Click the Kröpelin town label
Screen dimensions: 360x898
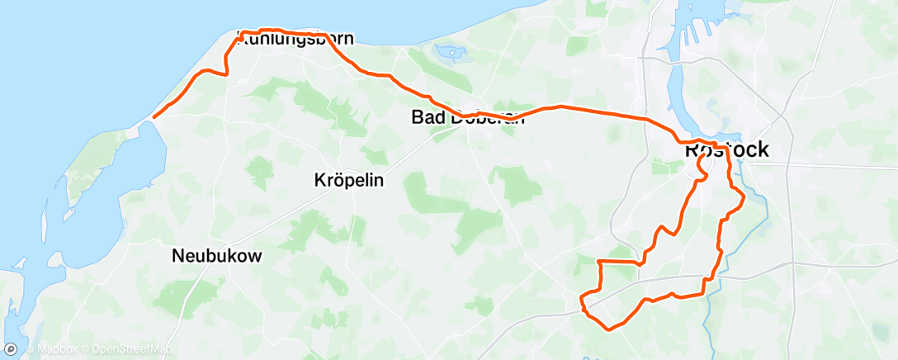point(349,180)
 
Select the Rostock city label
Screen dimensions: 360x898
point(726,150)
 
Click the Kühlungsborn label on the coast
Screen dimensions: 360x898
point(295,39)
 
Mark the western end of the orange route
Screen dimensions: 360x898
point(154,116)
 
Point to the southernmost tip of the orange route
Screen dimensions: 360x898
point(609,329)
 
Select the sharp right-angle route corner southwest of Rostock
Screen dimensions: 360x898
point(598,262)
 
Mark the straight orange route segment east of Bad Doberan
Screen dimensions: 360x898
point(603,113)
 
